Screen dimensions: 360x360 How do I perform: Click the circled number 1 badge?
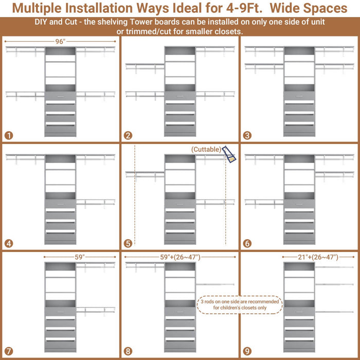(x=8, y=136)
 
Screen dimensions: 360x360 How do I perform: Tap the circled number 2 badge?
(x=128, y=136)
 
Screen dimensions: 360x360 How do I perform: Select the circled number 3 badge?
(x=248, y=136)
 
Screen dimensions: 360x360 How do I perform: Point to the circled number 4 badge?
(x=8, y=243)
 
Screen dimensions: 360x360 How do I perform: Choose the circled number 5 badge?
(x=128, y=243)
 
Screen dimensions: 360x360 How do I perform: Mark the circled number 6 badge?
(x=248, y=243)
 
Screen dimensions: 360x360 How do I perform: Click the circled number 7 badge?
(x=8, y=351)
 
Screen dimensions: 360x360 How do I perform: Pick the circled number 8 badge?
(x=128, y=351)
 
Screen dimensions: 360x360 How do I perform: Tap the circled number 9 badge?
(x=248, y=351)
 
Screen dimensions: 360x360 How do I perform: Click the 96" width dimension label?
(x=60, y=42)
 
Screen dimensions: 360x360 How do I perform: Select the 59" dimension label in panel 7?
(x=80, y=256)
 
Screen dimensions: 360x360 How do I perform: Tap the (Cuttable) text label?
(x=206, y=149)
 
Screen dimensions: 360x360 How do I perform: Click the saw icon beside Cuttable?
(x=230, y=155)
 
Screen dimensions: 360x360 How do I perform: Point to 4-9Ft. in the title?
(x=241, y=9)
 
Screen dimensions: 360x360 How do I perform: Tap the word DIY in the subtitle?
(x=43, y=24)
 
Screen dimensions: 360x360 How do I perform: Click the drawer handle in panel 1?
(x=60, y=96)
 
